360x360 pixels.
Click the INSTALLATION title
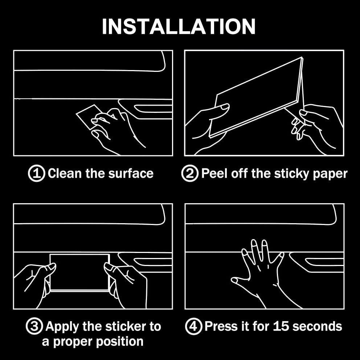pyautogui.click(x=179, y=26)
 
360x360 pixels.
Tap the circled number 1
pyautogui.click(x=37, y=173)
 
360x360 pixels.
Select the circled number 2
pyautogui.click(x=190, y=173)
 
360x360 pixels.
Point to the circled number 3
pyautogui.click(x=34, y=326)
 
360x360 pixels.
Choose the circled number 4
pyautogui.click(x=193, y=326)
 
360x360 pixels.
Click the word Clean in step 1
pyautogui.click(x=65, y=173)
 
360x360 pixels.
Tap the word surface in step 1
pyautogui.click(x=131, y=173)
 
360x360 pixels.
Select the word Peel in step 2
pyautogui.click(x=215, y=173)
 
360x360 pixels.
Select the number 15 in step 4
pyautogui.click(x=281, y=326)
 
